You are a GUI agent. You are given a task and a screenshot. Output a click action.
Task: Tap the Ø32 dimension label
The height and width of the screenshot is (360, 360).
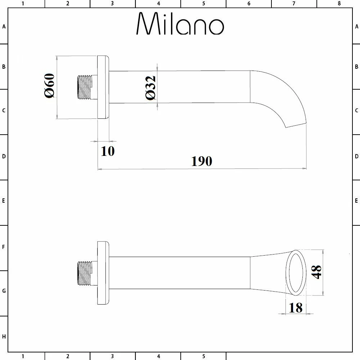tap(150, 88)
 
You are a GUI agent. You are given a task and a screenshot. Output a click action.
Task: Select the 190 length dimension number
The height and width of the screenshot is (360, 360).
tap(202, 161)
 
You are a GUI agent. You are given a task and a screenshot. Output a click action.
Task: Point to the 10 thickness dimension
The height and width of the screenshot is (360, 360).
tap(108, 151)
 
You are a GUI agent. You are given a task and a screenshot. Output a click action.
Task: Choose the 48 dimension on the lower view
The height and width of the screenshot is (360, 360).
tap(316, 272)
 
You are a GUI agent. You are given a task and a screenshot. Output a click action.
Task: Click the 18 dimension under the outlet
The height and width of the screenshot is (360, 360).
tap(296, 308)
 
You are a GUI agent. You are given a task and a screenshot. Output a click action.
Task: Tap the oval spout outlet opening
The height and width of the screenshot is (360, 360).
tap(296, 273)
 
